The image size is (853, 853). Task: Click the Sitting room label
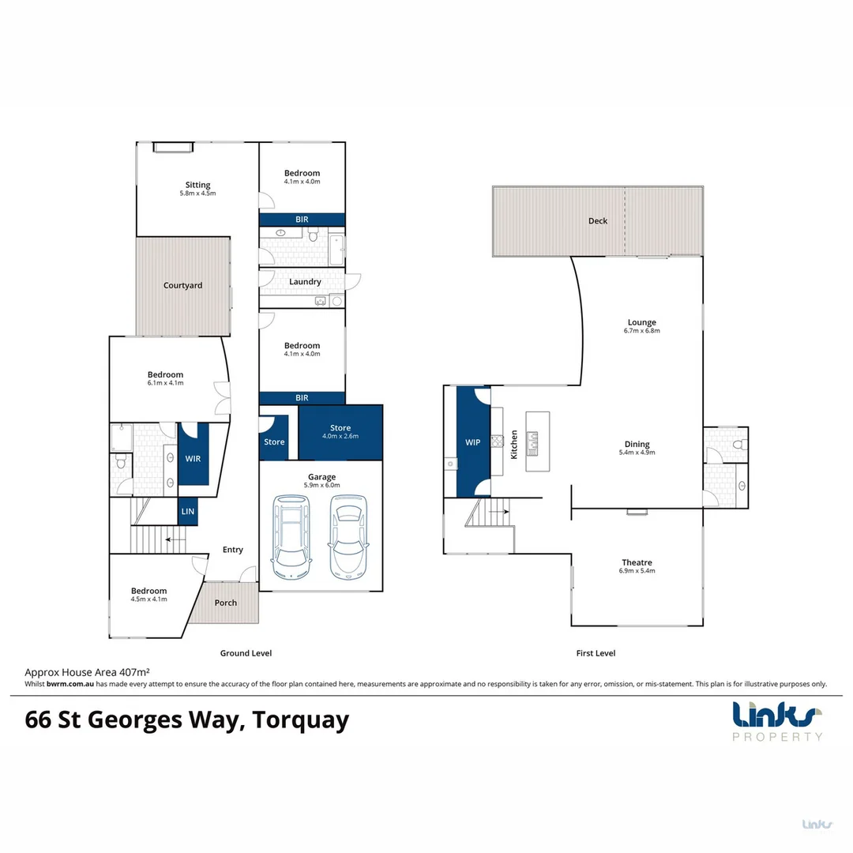pos(197,186)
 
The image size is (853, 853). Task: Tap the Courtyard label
pos(182,286)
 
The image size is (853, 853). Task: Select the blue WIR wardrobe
pos(194,458)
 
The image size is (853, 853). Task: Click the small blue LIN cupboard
pos(188,512)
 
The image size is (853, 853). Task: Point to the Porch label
pos(226,603)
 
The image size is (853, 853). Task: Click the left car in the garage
pos(291,535)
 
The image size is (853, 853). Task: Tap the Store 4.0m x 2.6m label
pos(340,428)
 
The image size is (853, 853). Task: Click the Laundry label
pos(305,282)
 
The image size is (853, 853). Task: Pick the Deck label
pos(598,221)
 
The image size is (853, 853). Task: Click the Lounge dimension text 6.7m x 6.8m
pos(641,331)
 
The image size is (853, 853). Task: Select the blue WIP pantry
pos(473,443)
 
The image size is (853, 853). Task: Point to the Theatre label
pos(637,562)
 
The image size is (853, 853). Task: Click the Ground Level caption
pos(246,653)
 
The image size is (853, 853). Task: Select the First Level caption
pos(596,653)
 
